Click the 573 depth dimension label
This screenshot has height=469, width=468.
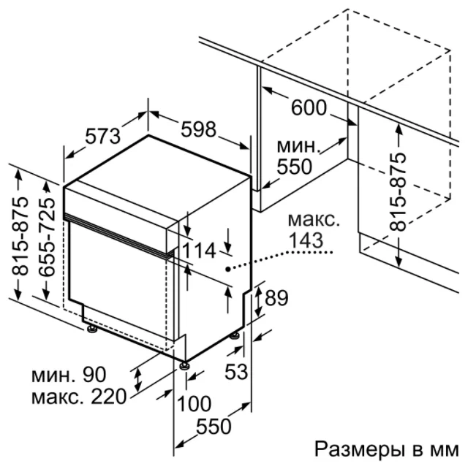[102, 136]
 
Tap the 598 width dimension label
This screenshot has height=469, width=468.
[198, 129]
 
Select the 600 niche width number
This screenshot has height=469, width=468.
[309, 107]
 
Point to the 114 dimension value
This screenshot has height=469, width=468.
[199, 251]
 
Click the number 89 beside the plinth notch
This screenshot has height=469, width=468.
[276, 297]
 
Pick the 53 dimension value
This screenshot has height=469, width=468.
[236, 372]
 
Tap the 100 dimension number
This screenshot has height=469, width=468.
[195, 403]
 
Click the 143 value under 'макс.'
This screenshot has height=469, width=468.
[306, 240]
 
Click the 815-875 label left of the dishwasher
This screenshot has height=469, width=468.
[20, 236]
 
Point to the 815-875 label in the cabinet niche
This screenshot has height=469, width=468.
[397, 192]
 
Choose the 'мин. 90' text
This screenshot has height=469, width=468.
[69, 375]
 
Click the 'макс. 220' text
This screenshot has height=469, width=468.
[79, 397]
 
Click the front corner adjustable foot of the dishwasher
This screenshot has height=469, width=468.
[184, 365]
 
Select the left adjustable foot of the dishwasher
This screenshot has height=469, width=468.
[91, 329]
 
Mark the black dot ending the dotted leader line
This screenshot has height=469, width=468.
[228, 270]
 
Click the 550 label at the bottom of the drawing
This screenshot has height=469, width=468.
[214, 426]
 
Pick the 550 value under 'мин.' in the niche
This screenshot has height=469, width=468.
[295, 167]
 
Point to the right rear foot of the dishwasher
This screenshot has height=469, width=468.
[235, 335]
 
